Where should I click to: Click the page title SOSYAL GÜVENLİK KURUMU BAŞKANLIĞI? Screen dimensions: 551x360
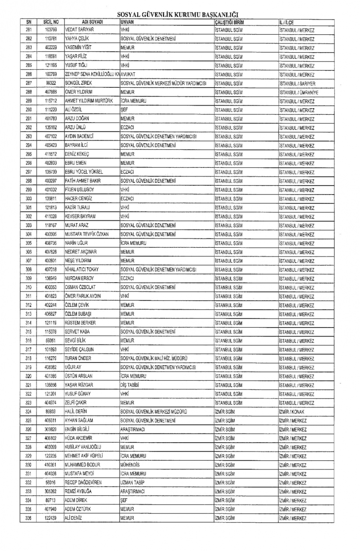pyautogui.click(x=178, y=15)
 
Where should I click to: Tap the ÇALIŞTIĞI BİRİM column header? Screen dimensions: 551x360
pyautogui.click(x=229, y=22)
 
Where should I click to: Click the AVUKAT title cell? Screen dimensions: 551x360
pyautogui.click(x=128, y=74)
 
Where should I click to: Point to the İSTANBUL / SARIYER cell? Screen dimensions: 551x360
pyautogui.click(x=297, y=84)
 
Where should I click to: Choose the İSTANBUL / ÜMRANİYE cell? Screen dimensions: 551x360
pyautogui.click(x=298, y=92)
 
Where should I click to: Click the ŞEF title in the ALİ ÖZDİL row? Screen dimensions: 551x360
pyautogui.click(x=124, y=110)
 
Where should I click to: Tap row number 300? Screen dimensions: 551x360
pyautogui.click(x=28, y=199)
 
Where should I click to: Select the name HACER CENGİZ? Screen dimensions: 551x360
pyautogui.click(x=78, y=199)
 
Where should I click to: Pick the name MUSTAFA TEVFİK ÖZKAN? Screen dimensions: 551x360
pyautogui.click(x=87, y=234)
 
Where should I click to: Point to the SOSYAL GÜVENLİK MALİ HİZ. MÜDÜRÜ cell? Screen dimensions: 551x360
pyautogui.click(x=154, y=358)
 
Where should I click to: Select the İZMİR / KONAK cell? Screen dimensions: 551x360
pyautogui.click(x=292, y=412)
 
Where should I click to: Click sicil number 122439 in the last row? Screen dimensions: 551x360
pyautogui.click(x=51, y=518)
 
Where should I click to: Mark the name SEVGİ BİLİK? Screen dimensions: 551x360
pyautogui.click(x=75, y=340)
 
